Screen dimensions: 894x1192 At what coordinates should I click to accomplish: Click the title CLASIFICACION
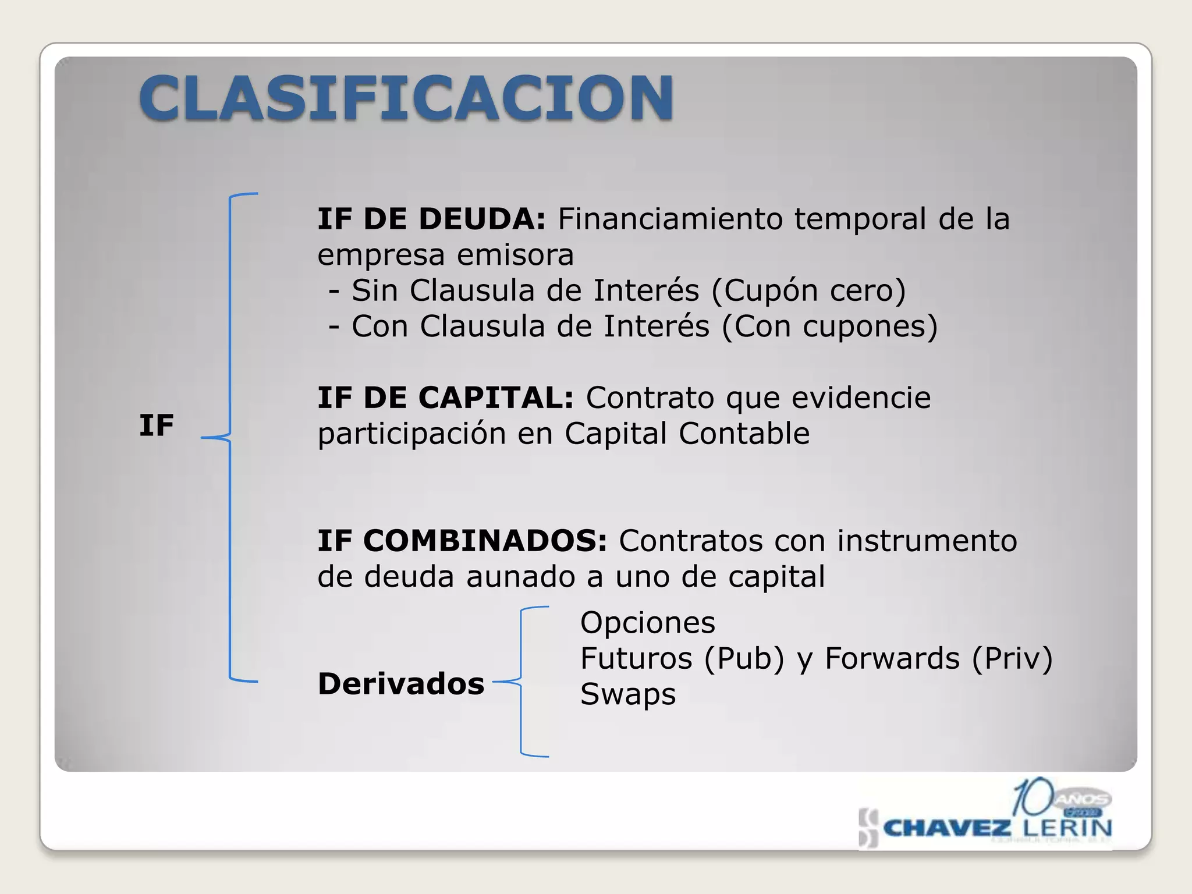406,97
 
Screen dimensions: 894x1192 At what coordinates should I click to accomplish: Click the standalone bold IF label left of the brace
156,425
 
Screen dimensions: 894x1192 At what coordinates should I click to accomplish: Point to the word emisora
515,255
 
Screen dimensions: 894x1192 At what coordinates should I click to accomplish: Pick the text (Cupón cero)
808,290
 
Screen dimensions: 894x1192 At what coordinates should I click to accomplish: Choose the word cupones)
870,327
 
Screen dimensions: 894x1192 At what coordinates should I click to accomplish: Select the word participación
411,434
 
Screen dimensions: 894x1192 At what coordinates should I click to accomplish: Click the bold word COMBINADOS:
485,541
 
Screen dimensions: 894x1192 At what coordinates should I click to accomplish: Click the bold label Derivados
401,684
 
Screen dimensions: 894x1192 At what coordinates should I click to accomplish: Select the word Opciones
647,623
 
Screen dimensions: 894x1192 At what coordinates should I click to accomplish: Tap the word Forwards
892,659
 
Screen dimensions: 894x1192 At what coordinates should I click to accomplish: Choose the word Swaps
627,694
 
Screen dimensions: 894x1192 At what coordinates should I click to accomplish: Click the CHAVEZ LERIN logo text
997,828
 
